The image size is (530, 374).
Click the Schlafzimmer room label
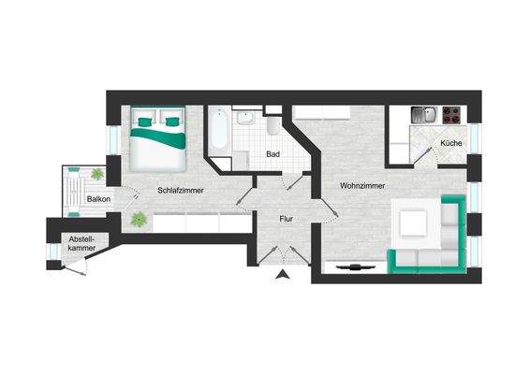pyautogui.click(x=180, y=190)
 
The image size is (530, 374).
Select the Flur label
pyautogui.click(x=287, y=220)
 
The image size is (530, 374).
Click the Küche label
pyautogui.click(x=450, y=143)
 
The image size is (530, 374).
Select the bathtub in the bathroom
pyautogui.click(x=219, y=133)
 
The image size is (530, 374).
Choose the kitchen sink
pyautogui.click(x=424, y=116)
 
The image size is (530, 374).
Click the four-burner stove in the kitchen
pyautogui.click(x=450, y=116)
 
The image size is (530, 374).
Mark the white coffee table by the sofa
pyautogui.click(x=414, y=223)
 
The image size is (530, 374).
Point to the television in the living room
pyautogui.click(x=357, y=266)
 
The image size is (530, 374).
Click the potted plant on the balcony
pyautogui.click(x=97, y=174)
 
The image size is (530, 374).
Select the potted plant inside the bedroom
pyautogui.click(x=140, y=221)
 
